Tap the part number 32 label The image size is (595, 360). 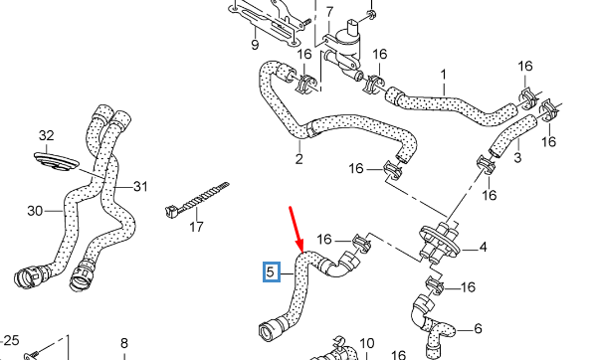pyautogui.click(x=46, y=135)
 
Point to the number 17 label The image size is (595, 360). pyautogui.click(x=196, y=227)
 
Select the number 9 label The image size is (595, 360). pyautogui.click(x=255, y=45)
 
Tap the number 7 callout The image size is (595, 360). pyautogui.click(x=329, y=11)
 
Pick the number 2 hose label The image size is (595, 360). pyautogui.click(x=298, y=157)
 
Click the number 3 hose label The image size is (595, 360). pyautogui.click(x=517, y=158)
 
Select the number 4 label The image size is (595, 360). pyautogui.click(x=483, y=247)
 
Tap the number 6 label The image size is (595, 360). pyautogui.click(x=478, y=329)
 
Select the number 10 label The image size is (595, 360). pyautogui.click(x=366, y=343)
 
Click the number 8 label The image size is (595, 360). pyautogui.click(x=124, y=344)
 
